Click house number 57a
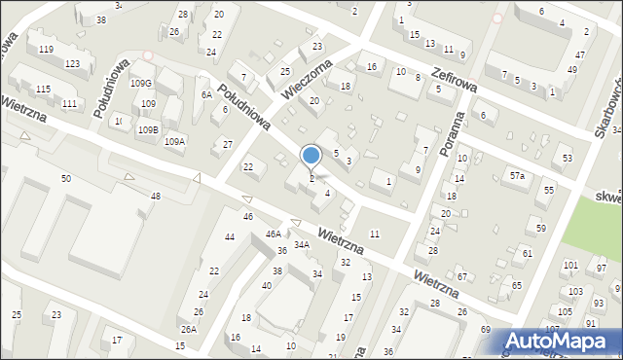(518, 176)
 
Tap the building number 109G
(141, 84)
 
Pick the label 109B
(148, 129)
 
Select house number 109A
(174, 142)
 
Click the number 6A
(206, 94)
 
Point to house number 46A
(274, 234)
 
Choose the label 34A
(302, 245)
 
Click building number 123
(72, 63)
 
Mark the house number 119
(46, 49)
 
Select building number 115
(43, 90)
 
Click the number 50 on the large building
(65, 179)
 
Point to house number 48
(156, 197)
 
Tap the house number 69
(486, 331)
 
